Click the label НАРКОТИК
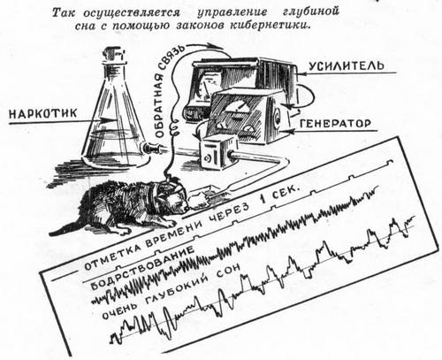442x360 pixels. [x=43, y=113]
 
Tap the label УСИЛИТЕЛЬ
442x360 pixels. [x=347, y=65]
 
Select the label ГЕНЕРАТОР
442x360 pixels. [x=335, y=123]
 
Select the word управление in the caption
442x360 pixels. [x=232, y=12]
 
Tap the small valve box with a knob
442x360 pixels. [x=215, y=153]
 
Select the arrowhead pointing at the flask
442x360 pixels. [x=108, y=120]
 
